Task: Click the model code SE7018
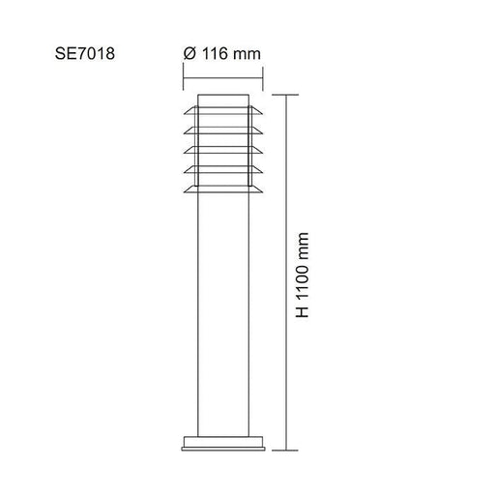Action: tap(85, 53)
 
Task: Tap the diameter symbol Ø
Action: tap(189, 53)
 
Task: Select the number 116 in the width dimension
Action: tap(215, 53)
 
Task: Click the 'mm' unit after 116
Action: tap(247, 55)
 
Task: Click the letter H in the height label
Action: tap(303, 312)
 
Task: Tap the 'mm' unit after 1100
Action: tap(303, 247)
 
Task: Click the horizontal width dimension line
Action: tap(223, 78)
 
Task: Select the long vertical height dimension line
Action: tap(285, 273)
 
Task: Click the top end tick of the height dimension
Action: tap(285, 95)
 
